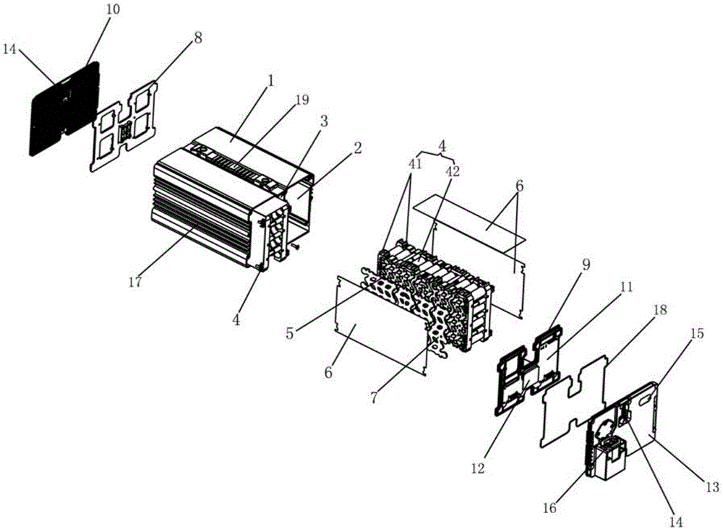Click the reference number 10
[x=113, y=10]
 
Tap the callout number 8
[x=198, y=38]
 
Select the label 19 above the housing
[x=302, y=100]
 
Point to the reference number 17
[x=134, y=282]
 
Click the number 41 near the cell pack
[x=415, y=165]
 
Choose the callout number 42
[x=453, y=171]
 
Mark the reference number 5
[x=290, y=333]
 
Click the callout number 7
[x=374, y=397]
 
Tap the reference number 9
[x=586, y=265]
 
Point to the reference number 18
[x=660, y=309]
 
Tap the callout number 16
[x=549, y=508]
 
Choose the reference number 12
[x=478, y=468]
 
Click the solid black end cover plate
[x=64, y=108]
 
